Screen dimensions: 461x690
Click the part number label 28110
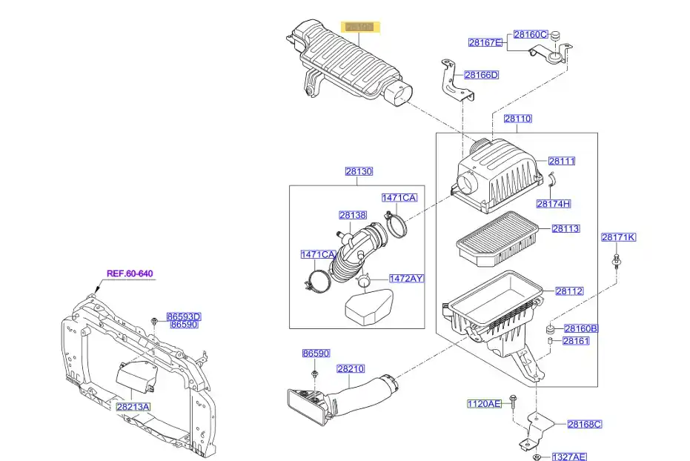pyautogui.click(x=518, y=119)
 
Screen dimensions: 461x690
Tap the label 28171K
pyautogui.click(x=618, y=237)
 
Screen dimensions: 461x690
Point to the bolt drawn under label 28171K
pyautogui.click(x=617, y=260)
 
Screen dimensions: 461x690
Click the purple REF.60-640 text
pyautogui.click(x=130, y=273)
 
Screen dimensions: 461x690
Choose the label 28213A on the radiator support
pyautogui.click(x=133, y=406)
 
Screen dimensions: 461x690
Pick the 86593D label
pyautogui.click(x=184, y=316)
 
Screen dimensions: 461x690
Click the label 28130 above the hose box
pyautogui.click(x=359, y=171)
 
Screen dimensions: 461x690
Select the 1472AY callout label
pyautogui.click(x=407, y=279)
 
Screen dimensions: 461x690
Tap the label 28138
pyautogui.click(x=353, y=215)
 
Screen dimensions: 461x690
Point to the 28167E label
pyautogui.click(x=485, y=43)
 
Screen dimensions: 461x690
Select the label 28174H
pyautogui.click(x=553, y=204)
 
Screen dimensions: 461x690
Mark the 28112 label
pyautogui.click(x=569, y=291)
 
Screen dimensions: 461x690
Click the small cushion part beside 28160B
pyautogui.click(x=551, y=328)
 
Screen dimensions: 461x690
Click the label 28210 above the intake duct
pyautogui.click(x=351, y=368)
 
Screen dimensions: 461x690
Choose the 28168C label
pyautogui.click(x=584, y=424)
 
